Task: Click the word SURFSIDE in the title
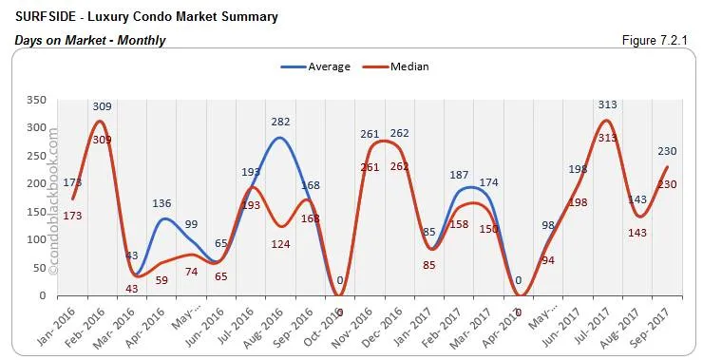click(x=46, y=17)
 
